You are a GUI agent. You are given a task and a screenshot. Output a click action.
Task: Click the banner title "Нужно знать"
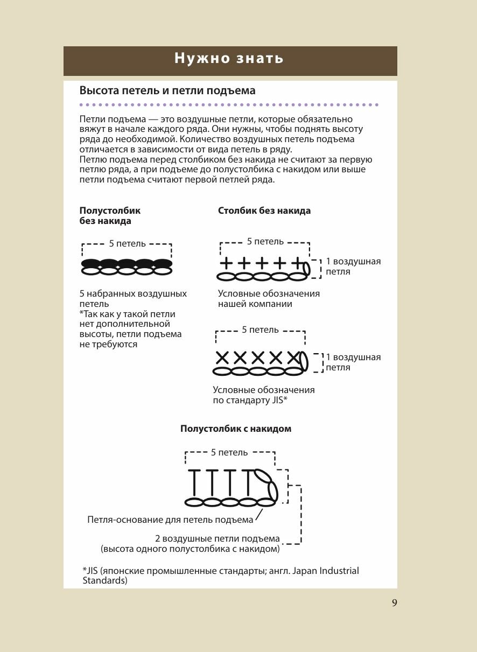229,59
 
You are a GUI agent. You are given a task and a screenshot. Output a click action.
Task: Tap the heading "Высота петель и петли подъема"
167,91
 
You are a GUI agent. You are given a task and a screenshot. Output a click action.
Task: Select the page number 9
395,603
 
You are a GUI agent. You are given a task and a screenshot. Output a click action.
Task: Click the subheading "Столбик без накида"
264,211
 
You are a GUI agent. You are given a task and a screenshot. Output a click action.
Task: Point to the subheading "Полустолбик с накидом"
236,429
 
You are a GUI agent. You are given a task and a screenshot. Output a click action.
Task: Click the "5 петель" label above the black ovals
127,244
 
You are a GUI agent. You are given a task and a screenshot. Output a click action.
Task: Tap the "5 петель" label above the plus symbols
265,242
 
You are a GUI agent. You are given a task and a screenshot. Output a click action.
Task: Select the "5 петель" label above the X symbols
260,330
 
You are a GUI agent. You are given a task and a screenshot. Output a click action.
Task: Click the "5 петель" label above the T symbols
229,453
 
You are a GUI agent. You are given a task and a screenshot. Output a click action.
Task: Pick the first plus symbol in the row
227,263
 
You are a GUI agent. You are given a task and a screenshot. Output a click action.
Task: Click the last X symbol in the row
293,357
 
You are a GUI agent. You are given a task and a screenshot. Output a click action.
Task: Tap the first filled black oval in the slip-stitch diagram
91,263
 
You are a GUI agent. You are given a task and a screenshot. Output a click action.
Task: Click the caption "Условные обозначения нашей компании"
269,299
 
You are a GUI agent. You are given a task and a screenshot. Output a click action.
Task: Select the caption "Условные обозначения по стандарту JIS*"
264,395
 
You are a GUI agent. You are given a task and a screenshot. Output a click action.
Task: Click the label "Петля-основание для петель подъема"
170,520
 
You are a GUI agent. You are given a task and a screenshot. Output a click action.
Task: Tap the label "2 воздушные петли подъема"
218,539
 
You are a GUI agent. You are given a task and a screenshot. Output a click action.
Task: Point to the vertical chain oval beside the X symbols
304,361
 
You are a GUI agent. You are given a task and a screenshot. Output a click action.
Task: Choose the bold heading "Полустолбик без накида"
110,216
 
